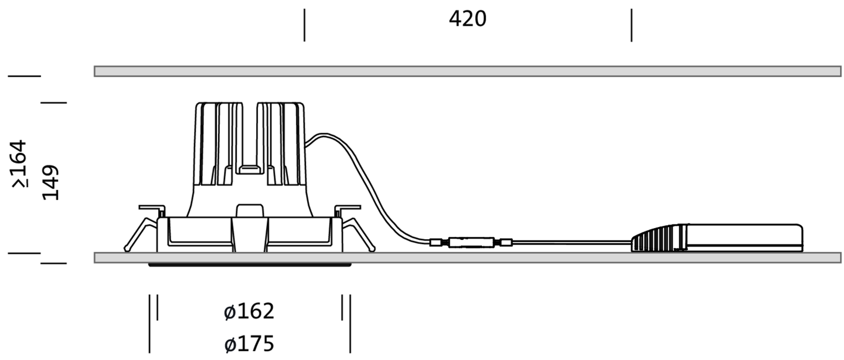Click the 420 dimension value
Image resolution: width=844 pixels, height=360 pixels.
click(468, 19)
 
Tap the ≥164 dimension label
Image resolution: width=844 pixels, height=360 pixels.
click(19, 164)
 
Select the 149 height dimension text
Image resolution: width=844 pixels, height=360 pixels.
click(50, 182)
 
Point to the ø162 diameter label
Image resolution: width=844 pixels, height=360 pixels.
click(249, 311)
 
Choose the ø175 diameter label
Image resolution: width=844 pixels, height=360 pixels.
click(249, 344)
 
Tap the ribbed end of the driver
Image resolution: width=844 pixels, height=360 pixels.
click(659, 238)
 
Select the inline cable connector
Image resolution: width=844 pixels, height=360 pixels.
click(471, 242)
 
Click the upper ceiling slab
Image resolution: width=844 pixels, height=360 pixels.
click(468, 72)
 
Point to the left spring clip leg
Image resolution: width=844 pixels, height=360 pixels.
click(140, 235)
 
